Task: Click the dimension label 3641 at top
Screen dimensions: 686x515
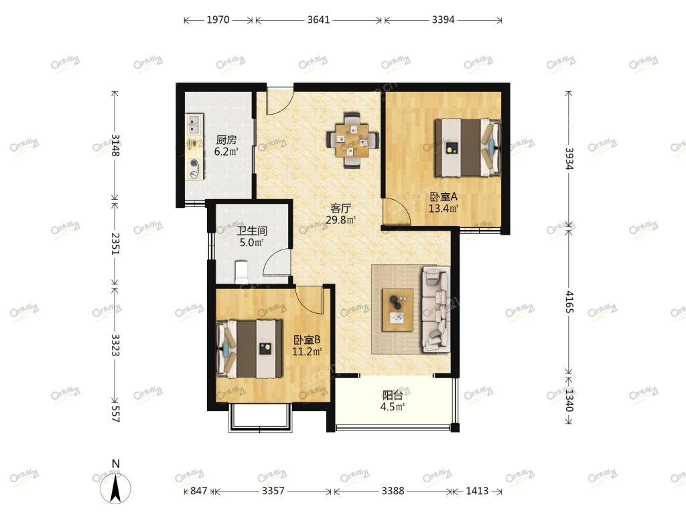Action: pos(318,19)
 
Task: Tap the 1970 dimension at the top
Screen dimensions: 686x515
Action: pos(218,19)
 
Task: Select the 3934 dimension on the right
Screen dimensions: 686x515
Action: pos(569,158)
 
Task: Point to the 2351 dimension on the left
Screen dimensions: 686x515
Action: pos(115,243)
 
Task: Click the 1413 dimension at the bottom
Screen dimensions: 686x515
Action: pos(477,491)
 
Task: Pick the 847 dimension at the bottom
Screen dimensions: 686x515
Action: pos(198,491)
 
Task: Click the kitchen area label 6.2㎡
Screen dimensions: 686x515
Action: pos(226,152)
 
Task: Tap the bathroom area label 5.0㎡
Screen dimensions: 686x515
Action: pos(252,243)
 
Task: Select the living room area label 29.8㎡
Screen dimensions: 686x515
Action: pos(341,220)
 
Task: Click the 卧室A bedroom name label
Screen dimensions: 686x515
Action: pos(443,196)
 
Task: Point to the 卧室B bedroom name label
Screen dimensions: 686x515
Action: pos(307,339)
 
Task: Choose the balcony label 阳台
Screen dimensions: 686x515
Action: pos(393,396)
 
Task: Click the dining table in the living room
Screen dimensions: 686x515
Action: pos(351,140)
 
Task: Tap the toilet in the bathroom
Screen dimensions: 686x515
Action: pos(241,272)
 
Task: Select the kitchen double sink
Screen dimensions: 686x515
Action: pos(195,124)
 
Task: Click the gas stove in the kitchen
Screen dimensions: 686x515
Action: pos(195,168)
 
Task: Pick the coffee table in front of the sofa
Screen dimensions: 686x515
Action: pos(397,310)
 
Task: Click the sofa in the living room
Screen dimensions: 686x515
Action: pos(435,310)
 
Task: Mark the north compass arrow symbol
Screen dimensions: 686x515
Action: pos(115,489)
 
